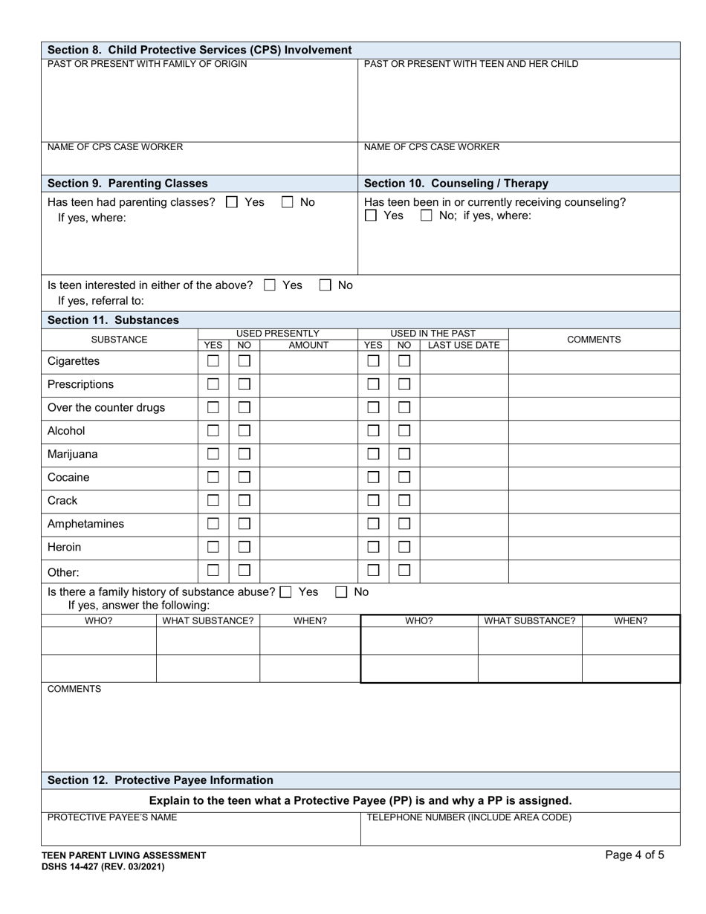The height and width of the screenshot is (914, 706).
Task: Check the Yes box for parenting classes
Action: coord(232,202)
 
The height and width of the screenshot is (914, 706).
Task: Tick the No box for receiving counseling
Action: coord(427,216)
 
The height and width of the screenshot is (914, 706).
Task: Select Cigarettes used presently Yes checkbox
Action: coord(213,361)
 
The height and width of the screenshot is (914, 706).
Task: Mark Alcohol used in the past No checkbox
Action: coord(404,431)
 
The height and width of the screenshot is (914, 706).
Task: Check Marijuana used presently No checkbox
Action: coord(244,454)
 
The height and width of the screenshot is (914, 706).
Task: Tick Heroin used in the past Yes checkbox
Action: coord(374,547)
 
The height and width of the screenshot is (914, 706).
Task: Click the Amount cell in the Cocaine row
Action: coord(308,478)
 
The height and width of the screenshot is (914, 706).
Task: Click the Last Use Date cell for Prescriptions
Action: coord(464,385)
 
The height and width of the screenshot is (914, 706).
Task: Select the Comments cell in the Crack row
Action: coord(594,501)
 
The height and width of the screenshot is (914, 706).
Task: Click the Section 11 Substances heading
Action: coord(113,320)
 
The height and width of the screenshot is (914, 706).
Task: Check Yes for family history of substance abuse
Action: coord(286,592)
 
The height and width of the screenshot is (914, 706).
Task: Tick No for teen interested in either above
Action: coord(326,285)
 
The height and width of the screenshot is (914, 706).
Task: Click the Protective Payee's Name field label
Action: coord(112,817)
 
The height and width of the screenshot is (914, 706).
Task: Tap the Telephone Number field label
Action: coord(469,817)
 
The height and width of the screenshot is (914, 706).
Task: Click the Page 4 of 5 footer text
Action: coord(635,855)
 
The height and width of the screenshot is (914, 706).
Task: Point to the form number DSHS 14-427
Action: coord(103,866)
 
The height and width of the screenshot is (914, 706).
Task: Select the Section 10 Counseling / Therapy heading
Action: coord(456,184)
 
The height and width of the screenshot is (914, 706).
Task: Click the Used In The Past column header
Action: coord(433,334)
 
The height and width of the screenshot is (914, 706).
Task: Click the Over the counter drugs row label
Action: coord(106,408)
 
